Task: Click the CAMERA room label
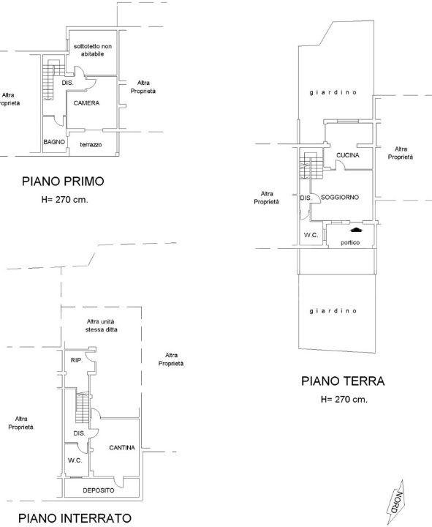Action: click(x=86, y=103)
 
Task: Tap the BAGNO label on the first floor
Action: click(x=54, y=141)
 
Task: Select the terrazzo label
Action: click(x=91, y=145)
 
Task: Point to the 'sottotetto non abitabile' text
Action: click(x=93, y=51)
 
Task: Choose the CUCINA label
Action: click(x=349, y=155)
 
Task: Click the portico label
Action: click(x=349, y=243)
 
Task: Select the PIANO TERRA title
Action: click(x=342, y=381)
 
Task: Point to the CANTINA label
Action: click(x=121, y=447)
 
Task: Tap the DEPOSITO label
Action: click(x=97, y=490)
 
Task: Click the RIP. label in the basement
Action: click(x=76, y=360)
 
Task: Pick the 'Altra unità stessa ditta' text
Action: click(x=101, y=326)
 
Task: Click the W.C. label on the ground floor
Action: click(x=311, y=235)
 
